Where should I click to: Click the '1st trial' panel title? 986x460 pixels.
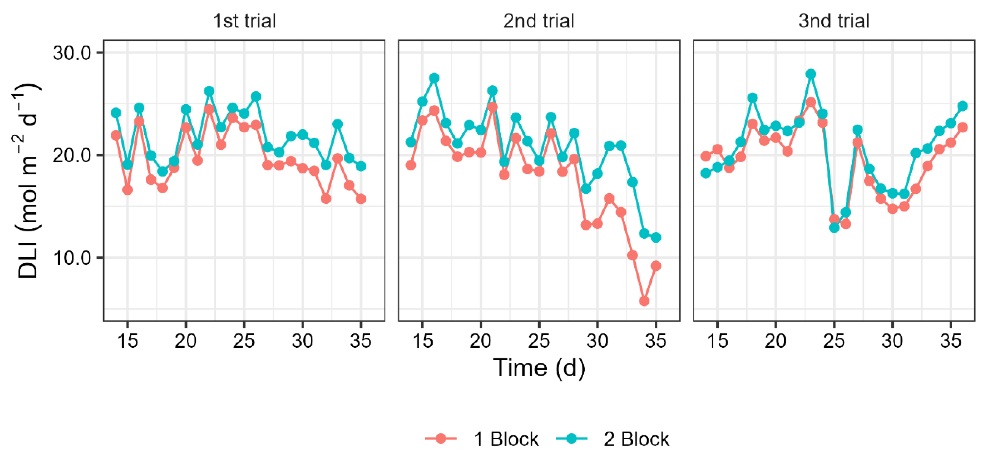(x=244, y=21)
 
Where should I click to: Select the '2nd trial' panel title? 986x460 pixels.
(x=539, y=21)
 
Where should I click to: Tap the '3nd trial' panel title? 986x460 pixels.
(x=834, y=21)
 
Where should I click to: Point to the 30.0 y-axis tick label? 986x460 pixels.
(x=71, y=53)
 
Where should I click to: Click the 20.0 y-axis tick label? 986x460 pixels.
(x=71, y=155)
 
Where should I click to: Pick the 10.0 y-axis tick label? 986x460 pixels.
(x=71, y=258)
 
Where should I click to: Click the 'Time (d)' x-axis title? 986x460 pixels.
(x=539, y=368)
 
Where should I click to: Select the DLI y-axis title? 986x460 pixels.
(x=29, y=180)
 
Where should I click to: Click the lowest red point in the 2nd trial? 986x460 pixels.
(x=644, y=301)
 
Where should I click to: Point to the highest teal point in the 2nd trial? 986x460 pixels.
(x=434, y=78)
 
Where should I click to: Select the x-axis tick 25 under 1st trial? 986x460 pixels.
(x=244, y=340)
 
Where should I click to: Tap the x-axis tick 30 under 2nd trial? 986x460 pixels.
(x=597, y=340)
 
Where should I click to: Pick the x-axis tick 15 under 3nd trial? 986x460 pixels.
(x=717, y=340)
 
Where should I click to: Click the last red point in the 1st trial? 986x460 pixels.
(x=361, y=199)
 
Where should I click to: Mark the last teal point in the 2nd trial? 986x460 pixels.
(x=656, y=237)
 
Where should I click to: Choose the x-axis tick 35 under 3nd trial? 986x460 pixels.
(x=950, y=340)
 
